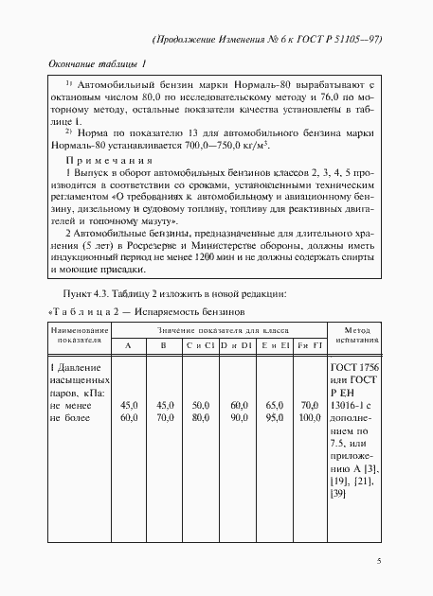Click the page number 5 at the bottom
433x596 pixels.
click(x=379, y=560)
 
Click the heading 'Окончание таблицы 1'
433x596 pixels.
click(x=97, y=64)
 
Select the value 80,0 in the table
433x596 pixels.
click(x=200, y=416)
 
